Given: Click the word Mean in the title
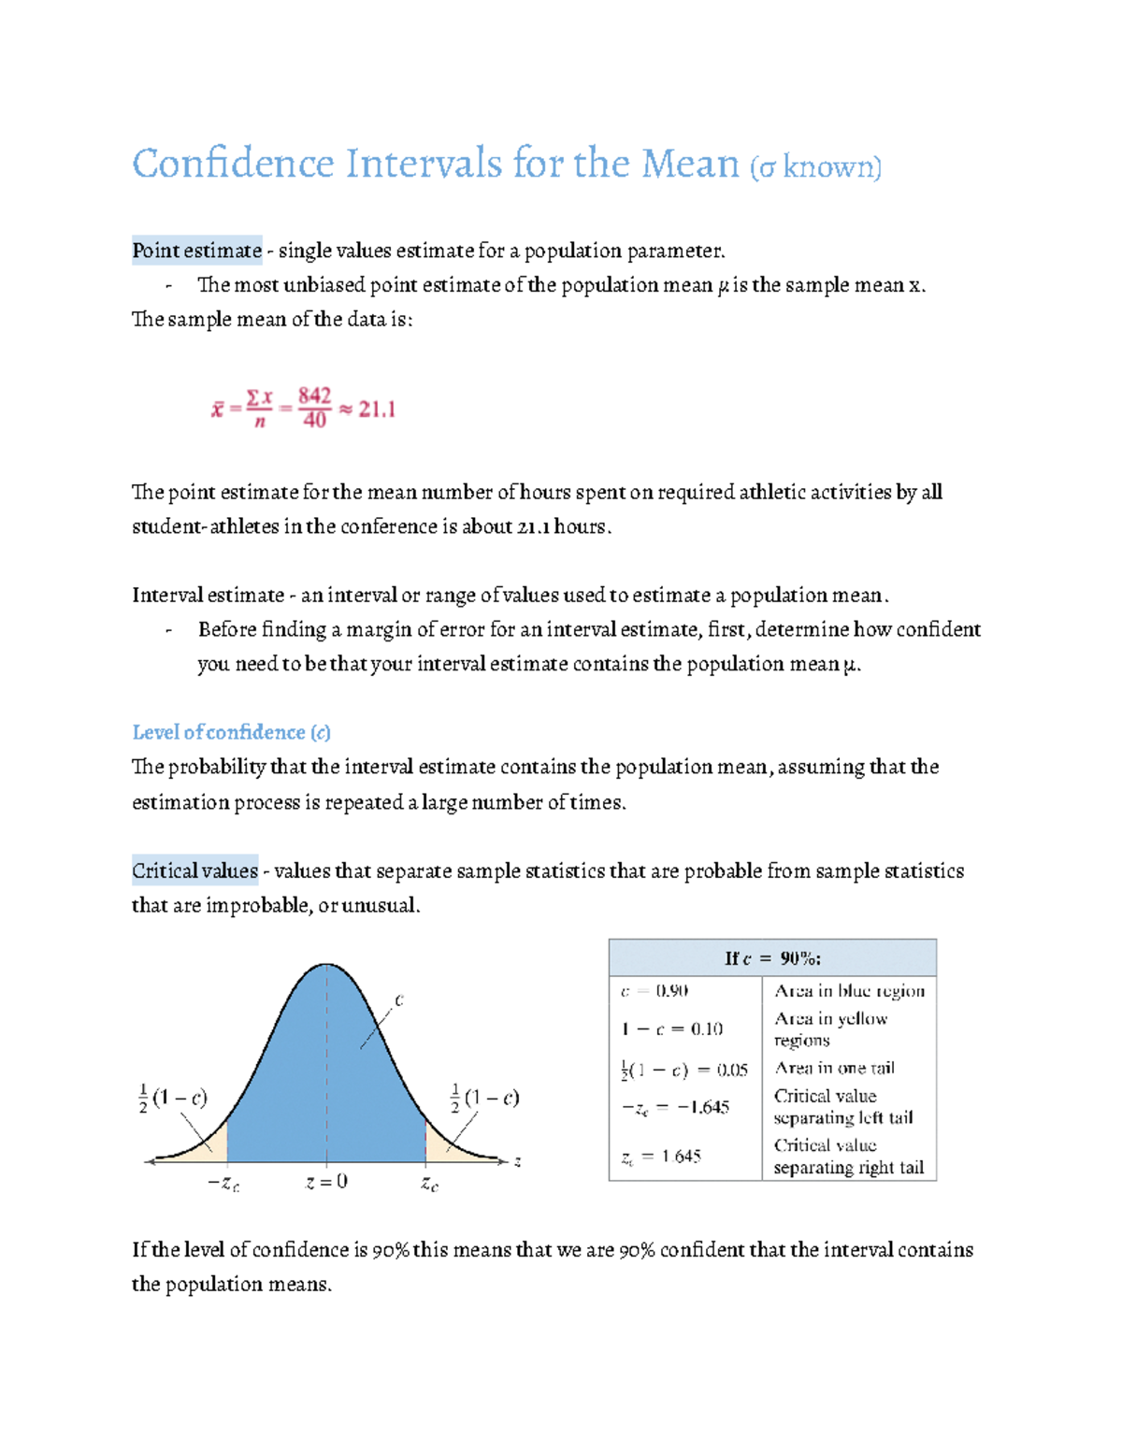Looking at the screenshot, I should [689, 165].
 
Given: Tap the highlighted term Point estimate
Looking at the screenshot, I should [196, 251].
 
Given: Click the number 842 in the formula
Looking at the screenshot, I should [314, 395].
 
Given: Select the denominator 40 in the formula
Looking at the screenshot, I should [314, 421].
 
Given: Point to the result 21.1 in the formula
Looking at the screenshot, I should [377, 410].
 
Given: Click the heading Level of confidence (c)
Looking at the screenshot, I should [231, 732].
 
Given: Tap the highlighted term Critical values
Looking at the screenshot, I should [194, 870].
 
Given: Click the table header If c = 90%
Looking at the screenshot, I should [772, 958].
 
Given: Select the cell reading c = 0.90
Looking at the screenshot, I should [654, 990].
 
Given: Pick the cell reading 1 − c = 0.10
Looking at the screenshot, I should [671, 1029].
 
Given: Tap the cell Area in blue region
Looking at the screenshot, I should [849, 990].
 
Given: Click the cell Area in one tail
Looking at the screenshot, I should [834, 1068].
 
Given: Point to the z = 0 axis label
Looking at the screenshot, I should [326, 1182].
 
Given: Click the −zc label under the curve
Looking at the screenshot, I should [223, 1184].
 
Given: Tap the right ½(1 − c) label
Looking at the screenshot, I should [484, 1098].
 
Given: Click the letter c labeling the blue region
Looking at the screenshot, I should [398, 1000].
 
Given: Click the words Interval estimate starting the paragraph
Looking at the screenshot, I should [208, 596].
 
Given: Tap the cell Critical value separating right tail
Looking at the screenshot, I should [848, 1157].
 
